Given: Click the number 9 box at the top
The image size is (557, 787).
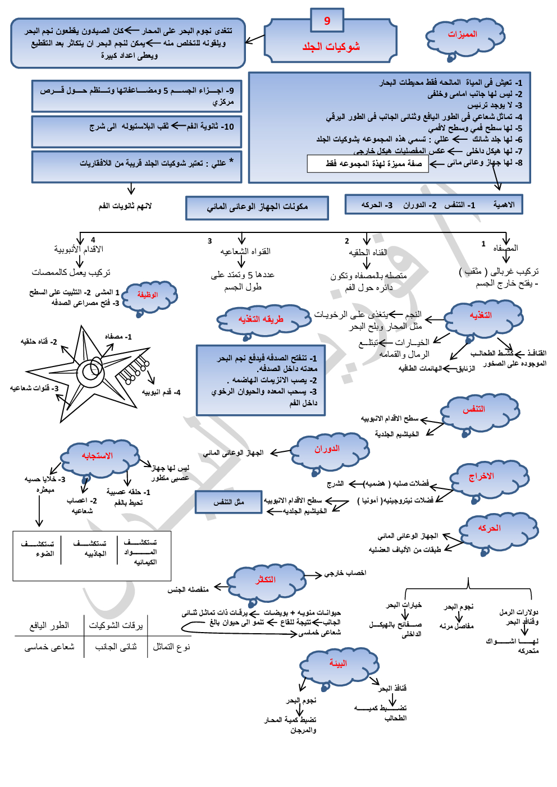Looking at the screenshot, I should pyautogui.click(x=327, y=21).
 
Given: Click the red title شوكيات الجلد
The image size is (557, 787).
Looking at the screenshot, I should pyautogui.click(x=331, y=47).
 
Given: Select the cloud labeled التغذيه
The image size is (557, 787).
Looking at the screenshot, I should pyautogui.click(x=482, y=317).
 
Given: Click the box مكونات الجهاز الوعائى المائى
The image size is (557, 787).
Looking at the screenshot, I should pyautogui.click(x=257, y=207).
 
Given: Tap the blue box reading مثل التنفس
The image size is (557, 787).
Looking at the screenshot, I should pyautogui.click(x=229, y=502).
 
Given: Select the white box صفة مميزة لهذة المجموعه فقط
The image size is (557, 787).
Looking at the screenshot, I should pyautogui.click(x=368, y=164).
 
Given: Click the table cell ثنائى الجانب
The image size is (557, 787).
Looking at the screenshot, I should pyautogui.click(x=116, y=647).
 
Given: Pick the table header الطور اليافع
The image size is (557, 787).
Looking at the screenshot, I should pyautogui.click(x=49, y=625).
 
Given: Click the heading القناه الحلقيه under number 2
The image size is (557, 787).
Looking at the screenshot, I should pyautogui.click(x=368, y=253).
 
